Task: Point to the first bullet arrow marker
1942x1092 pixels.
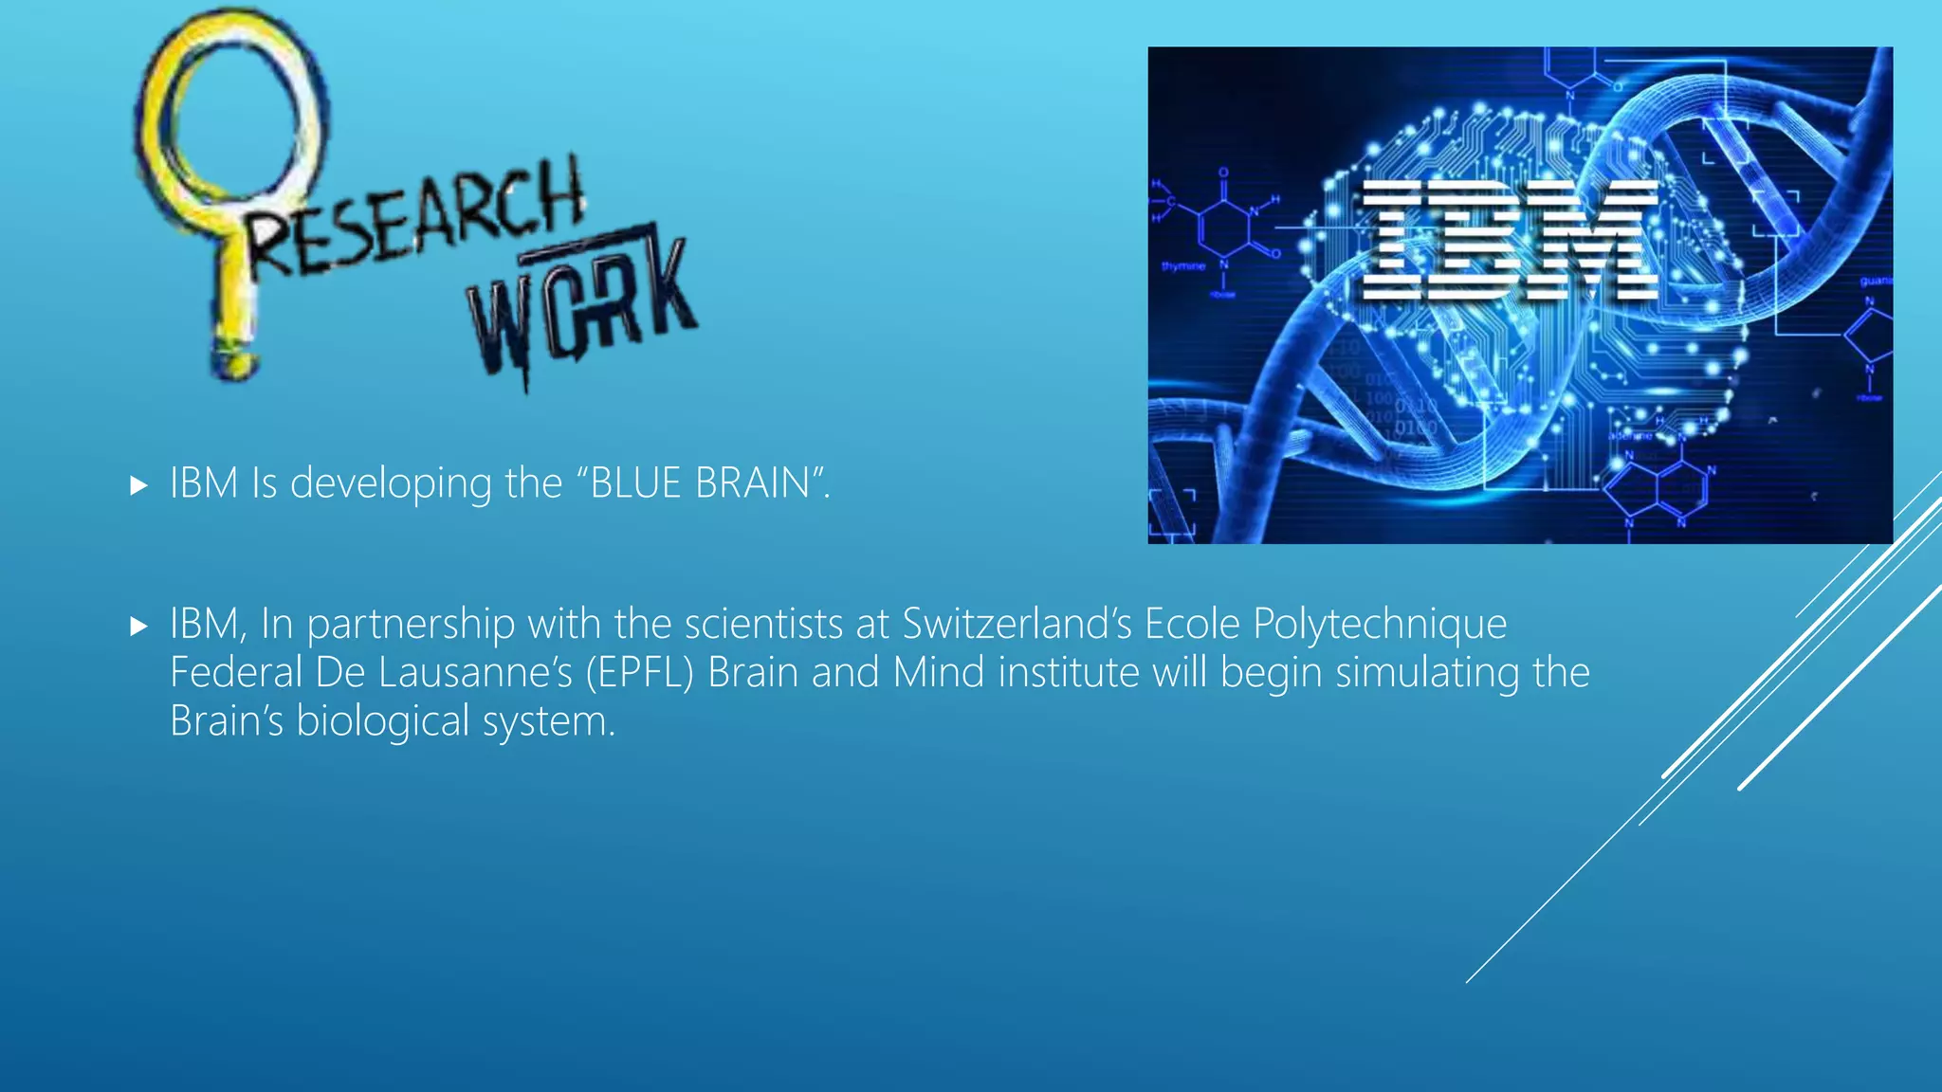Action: [x=139, y=486]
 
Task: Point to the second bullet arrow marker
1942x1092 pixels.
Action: [x=139, y=626]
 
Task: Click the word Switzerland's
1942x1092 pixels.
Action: [x=1017, y=624]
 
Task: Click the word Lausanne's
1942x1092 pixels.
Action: [x=475, y=673]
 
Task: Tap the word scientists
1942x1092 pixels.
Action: [x=763, y=624]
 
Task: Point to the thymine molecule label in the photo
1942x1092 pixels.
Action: [x=1183, y=266]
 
